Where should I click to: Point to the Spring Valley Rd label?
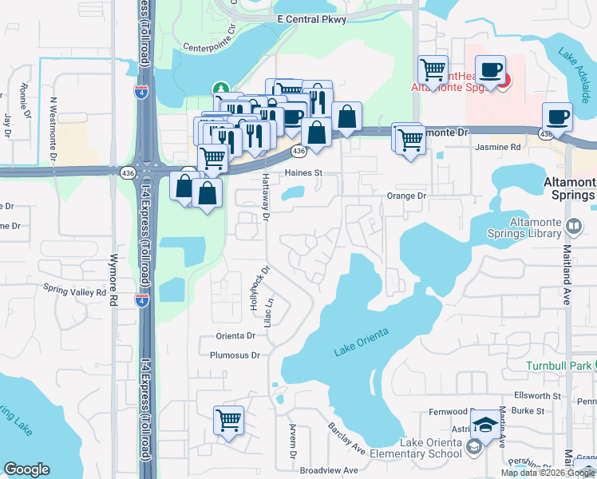(74, 292)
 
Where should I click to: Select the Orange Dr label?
(407, 196)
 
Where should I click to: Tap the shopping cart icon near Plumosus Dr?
(229, 419)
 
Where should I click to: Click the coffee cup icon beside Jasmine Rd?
(557, 117)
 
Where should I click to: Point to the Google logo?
(26, 469)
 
